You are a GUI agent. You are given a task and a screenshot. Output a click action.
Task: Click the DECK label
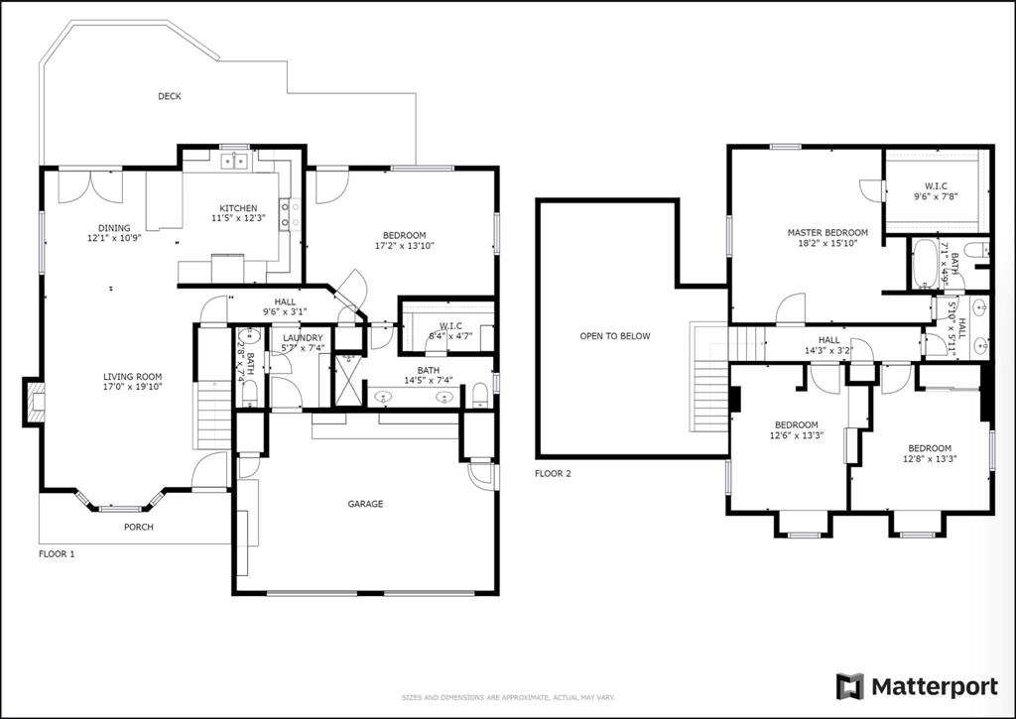169,96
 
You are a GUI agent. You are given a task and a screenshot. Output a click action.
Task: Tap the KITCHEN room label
238,208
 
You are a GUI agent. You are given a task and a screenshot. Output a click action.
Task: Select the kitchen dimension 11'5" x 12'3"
238,218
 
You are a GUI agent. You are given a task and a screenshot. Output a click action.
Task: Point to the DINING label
114,227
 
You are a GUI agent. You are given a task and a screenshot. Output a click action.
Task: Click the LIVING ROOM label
133,377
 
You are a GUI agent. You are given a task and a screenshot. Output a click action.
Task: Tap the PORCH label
138,527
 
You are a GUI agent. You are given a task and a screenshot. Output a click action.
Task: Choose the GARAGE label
364,504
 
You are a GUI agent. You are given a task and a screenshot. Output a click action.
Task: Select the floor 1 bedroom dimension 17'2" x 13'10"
405,245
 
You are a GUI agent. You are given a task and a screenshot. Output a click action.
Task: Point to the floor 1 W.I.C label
450,326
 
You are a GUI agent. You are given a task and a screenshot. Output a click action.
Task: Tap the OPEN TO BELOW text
615,336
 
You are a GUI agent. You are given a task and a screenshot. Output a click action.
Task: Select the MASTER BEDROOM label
827,233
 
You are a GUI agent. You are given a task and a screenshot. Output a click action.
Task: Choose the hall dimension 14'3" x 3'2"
828,349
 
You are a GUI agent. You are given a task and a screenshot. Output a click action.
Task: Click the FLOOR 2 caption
553,474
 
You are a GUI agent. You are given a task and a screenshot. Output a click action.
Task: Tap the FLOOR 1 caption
57,554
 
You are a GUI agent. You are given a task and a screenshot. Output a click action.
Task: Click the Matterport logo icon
849,686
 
